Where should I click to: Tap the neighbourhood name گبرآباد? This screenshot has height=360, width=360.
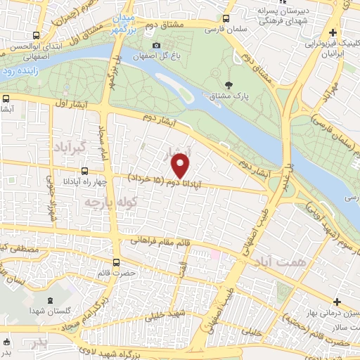coord(67,147)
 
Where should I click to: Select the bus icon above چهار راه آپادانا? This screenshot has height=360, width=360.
coord(85,169)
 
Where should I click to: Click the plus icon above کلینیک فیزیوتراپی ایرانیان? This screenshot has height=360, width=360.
coord(333,32)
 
